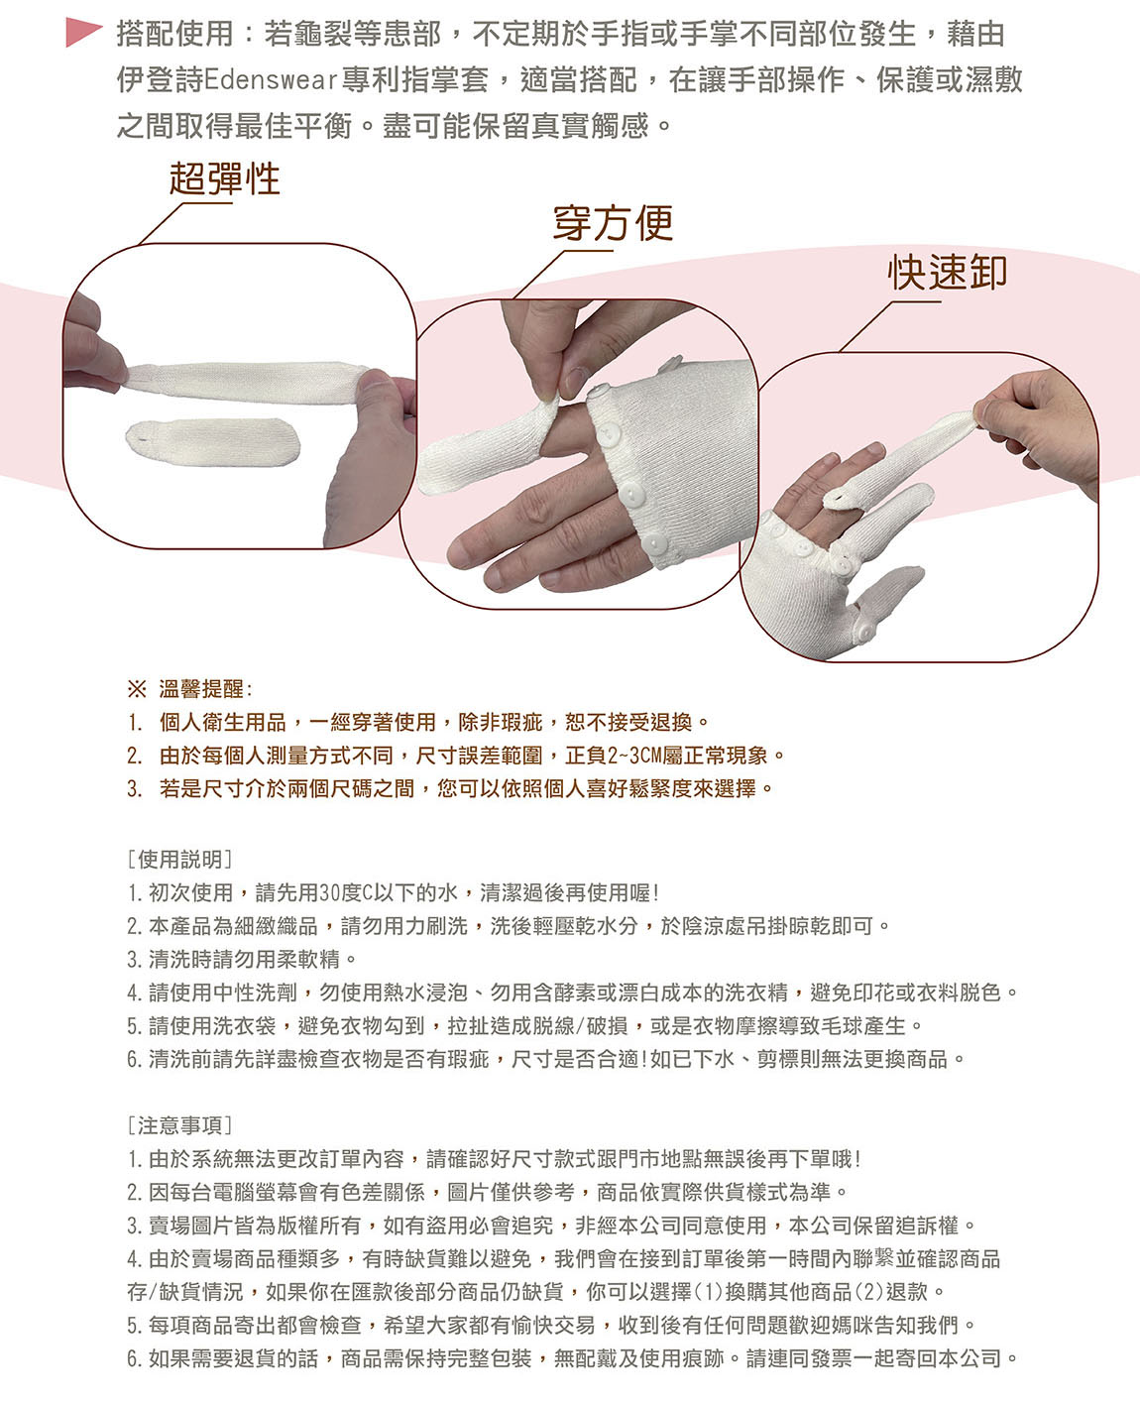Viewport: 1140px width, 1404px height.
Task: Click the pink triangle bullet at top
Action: click(82, 33)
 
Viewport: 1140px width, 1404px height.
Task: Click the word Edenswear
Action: click(271, 79)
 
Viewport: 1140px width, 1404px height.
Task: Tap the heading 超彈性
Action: click(225, 178)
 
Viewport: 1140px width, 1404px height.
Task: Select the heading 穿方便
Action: click(613, 223)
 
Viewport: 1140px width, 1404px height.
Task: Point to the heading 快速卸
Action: click(948, 273)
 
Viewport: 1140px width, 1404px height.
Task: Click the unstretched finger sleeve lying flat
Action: click(212, 441)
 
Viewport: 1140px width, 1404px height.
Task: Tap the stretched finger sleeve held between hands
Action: click(247, 381)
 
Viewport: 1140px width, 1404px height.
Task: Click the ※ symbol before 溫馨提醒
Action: click(137, 689)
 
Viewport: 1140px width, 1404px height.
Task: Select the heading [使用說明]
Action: click(179, 859)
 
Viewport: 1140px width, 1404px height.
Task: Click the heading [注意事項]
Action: click(179, 1124)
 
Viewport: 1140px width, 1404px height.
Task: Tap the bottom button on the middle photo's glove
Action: click(655, 544)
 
